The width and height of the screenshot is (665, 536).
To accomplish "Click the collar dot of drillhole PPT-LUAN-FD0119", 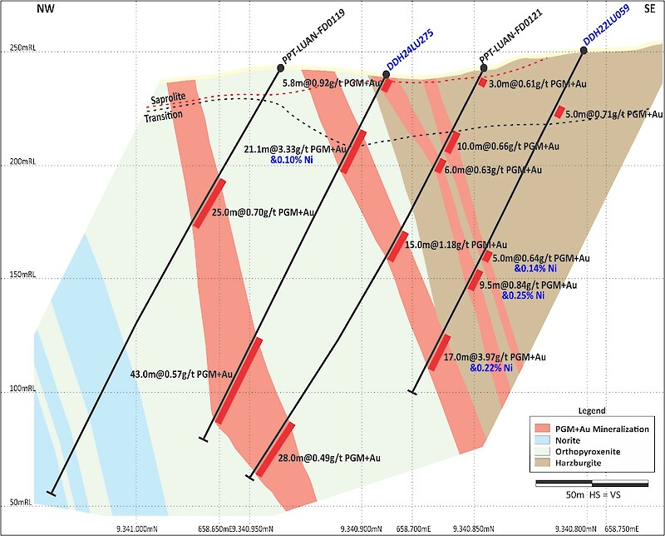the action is (280, 67).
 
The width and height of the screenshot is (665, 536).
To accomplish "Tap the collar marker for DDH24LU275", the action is (386, 75).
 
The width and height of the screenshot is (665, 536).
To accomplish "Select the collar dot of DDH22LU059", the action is (584, 51).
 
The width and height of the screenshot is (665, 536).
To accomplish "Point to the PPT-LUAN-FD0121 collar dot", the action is (484, 67).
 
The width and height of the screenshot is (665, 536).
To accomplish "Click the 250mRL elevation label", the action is (22, 47).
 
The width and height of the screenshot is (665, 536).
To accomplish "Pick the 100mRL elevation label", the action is (22, 389).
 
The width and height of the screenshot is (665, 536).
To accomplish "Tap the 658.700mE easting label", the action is (413, 529).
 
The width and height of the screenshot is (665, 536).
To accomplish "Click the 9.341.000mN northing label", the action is (137, 529).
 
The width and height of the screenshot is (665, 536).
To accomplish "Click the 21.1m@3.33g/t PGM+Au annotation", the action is (295, 150).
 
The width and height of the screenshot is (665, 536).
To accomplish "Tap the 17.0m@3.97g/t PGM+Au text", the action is (495, 357).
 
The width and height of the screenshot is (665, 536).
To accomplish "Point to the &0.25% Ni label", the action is (523, 295).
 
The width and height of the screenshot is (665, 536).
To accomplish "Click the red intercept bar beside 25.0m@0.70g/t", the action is (209, 204).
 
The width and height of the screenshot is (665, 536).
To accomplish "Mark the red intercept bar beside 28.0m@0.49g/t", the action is (275, 449).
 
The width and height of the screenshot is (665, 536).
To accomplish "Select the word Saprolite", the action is (169, 98).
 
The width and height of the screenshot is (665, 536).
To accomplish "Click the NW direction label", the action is (46, 8).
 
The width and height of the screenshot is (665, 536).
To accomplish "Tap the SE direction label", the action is (649, 8).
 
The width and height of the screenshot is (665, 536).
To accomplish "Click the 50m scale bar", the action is (592, 484).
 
